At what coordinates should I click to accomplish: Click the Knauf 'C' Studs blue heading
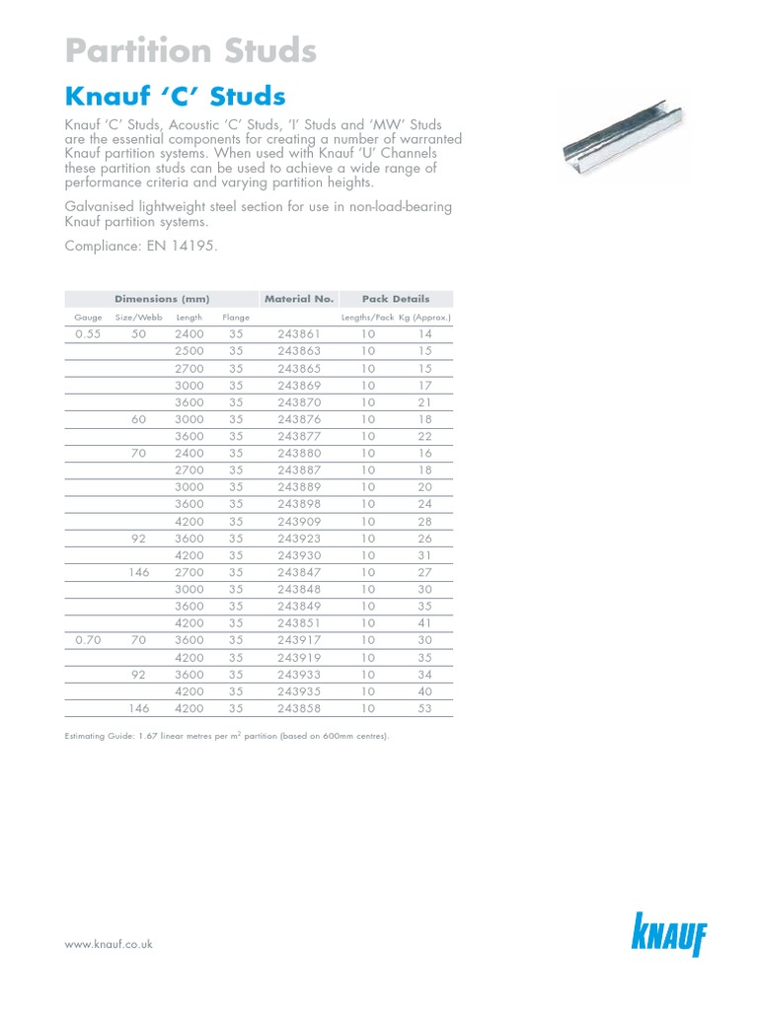click(x=175, y=97)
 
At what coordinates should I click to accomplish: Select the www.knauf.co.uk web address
click(x=109, y=944)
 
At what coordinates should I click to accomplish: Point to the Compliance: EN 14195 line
click(x=139, y=246)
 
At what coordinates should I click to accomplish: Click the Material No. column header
click(x=298, y=299)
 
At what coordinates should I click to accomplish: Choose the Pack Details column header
click(x=396, y=299)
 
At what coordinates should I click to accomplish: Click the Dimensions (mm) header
click(x=159, y=299)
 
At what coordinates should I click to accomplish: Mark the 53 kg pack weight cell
click(x=424, y=708)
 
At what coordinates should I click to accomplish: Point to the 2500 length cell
click(x=189, y=351)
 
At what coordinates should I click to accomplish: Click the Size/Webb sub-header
click(x=137, y=318)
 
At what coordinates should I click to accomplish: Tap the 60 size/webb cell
click(x=139, y=419)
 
